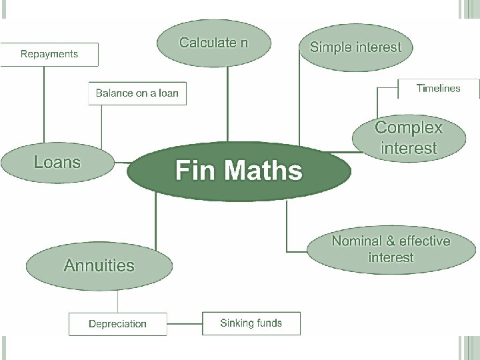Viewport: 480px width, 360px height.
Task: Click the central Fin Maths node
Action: click(x=239, y=171)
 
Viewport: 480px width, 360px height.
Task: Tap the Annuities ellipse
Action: click(x=99, y=265)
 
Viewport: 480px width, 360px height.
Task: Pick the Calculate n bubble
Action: click(x=214, y=44)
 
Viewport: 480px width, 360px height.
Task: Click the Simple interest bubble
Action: click(x=356, y=47)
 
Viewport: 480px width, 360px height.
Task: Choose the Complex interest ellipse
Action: click(x=409, y=137)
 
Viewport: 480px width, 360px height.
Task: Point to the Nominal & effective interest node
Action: click(x=391, y=249)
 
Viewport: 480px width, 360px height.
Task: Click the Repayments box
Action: click(x=49, y=54)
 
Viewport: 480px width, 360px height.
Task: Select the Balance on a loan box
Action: click(x=137, y=93)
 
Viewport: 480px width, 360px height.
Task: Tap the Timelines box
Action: click(x=438, y=88)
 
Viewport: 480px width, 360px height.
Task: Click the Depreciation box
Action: click(x=117, y=324)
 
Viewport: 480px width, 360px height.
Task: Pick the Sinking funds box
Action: click(x=251, y=323)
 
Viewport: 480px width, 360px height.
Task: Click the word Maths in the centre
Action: click(x=265, y=171)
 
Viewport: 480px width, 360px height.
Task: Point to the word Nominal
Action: click(x=357, y=241)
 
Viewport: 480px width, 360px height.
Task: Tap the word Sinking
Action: click(x=236, y=323)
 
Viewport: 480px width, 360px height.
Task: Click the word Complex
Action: click(x=409, y=127)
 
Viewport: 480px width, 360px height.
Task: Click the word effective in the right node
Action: click(x=424, y=241)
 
